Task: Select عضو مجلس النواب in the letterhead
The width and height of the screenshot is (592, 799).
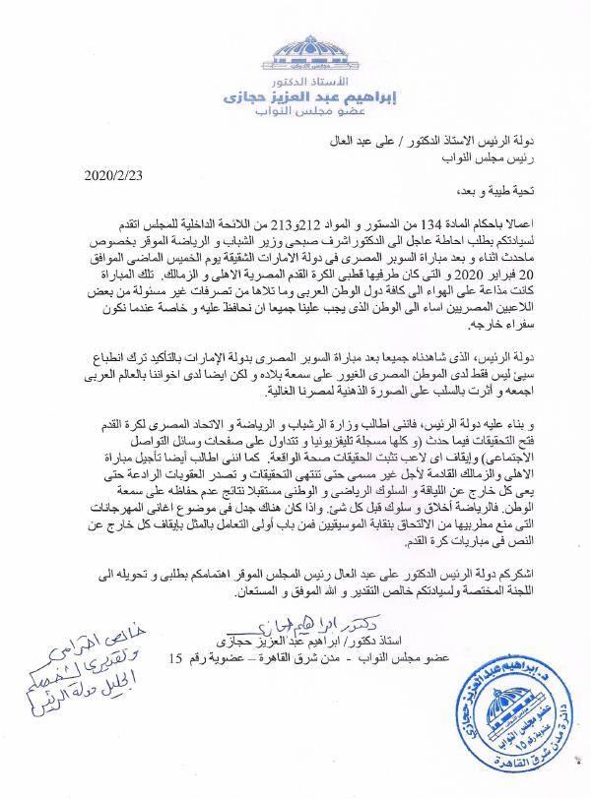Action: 296,119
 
